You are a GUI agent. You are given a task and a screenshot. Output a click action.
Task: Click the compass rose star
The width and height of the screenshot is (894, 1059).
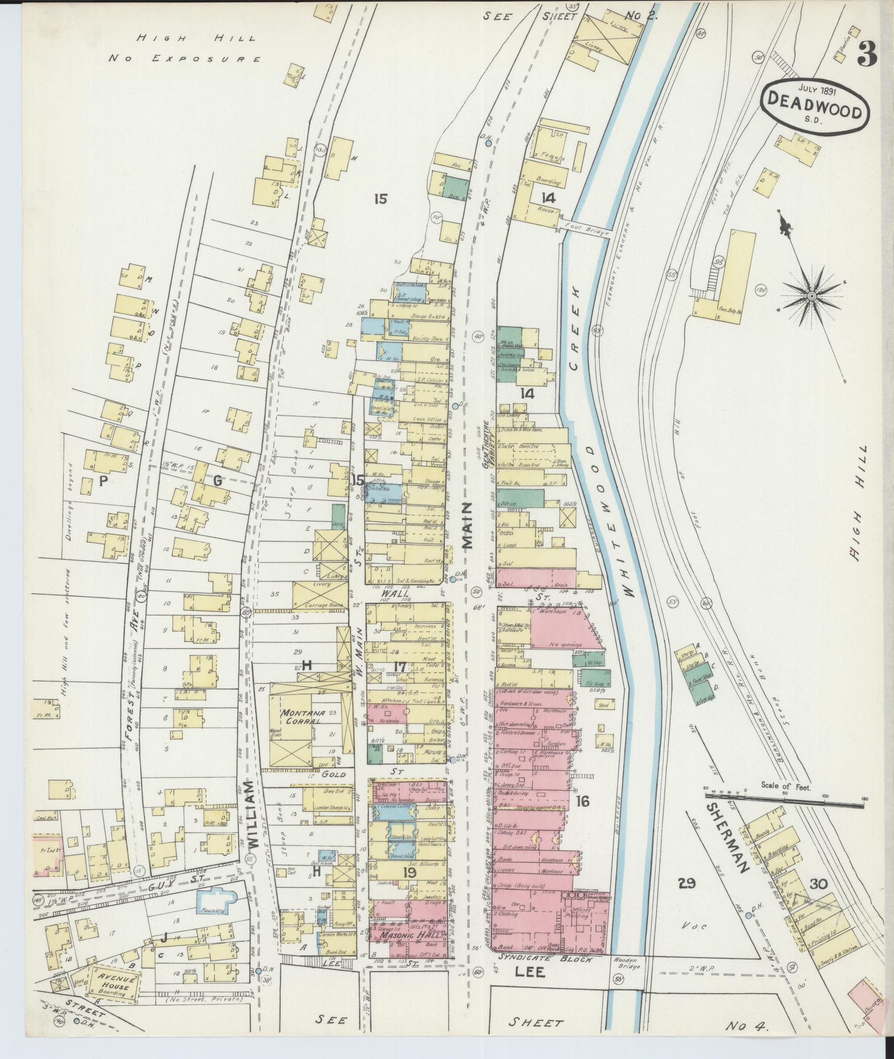[812, 296]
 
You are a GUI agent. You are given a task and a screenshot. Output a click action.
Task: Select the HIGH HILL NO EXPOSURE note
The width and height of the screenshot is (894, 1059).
[184, 48]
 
